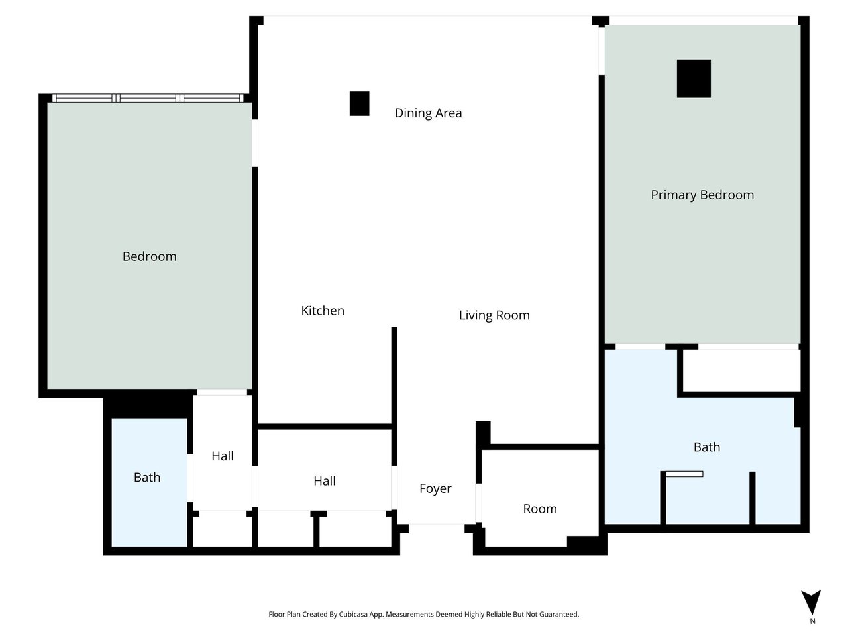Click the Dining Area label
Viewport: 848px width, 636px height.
click(x=428, y=113)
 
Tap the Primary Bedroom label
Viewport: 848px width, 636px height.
click(x=702, y=195)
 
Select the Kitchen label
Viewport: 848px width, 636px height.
click(x=323, y=311)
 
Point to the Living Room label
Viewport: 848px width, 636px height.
click(x=494, y=315)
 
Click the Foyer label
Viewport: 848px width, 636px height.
click(x=435, y=488)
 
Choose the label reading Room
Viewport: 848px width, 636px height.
click(x=540, y=509)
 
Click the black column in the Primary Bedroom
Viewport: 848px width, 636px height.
click(x=694, y=78)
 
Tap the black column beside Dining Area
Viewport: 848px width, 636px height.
click(x=359, y=103)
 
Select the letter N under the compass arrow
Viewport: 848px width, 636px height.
click(x=812, y=621)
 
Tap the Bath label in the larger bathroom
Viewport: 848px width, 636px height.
click(x=707, y=447)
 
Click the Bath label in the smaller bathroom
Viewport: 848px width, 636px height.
click(x=147, y=477)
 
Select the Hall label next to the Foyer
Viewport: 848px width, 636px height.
click(x=325, y=481)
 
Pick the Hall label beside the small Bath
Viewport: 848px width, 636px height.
click(x=223, y=456)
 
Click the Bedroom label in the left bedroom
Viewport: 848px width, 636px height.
click(x=150, y=256)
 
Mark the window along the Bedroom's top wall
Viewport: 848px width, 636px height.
click(x=148, y=98)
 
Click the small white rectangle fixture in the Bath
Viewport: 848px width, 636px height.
click(x=684, y=474)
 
